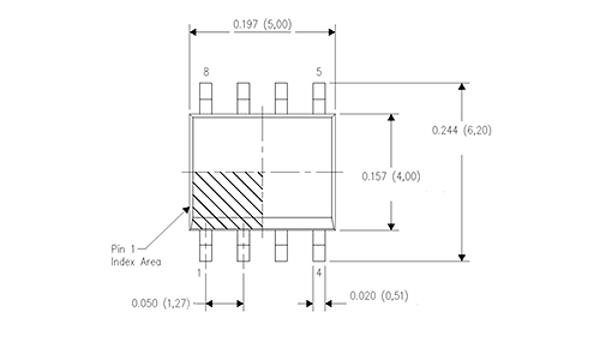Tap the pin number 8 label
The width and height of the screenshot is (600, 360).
pyautogui.click(x=206, y=72)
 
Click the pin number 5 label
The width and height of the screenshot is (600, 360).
pyautogui.click(x=319, y=72)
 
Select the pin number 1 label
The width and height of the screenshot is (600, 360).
pyautogui.click(x=200, y=271)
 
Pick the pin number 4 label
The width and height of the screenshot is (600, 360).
pyautogui.click(x=318, y=271)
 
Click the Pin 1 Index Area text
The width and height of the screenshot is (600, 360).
pyautogui.click(x=137, y=255)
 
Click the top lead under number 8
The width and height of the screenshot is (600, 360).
pyautogui.click(x=206, y=97)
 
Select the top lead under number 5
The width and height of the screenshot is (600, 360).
pyautogui.click(x=319, y=97)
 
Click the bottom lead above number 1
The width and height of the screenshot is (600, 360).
pyautogui.click(x=206, y=245)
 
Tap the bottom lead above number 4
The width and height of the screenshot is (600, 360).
pyautogui.click(x=319, y=245)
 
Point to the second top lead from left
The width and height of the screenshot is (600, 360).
pyautogui.click(x=243, y=97)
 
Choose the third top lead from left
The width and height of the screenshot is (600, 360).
pyautogui.click(x=281, y=97)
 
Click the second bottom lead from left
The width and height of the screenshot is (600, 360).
pyautogui.click(x=243, y=245)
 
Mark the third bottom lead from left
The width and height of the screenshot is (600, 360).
pyautogui.click(x=281, y=245)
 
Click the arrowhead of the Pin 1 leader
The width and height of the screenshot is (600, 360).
pyautogui.click(x=189, y=208)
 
